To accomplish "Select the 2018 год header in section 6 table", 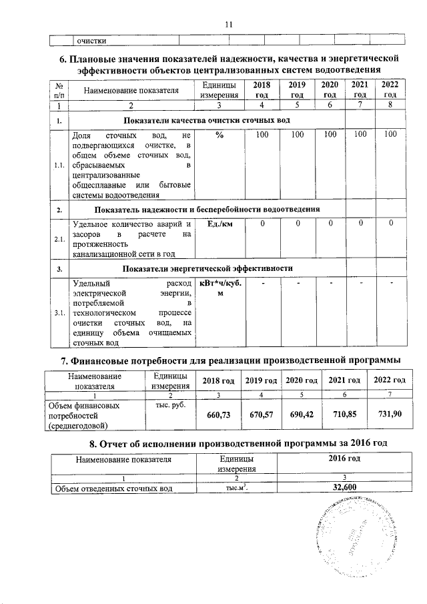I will (x=262, y=89).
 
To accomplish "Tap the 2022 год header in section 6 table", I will (x=390, y=89).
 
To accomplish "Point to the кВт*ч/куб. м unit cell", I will (x=220, y=289).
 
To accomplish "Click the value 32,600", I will (x=345, y=489).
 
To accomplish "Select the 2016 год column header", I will (x=345, y=460).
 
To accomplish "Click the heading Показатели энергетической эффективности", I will (x=209, y=268).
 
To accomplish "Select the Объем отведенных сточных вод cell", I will (x=120, y=489).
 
